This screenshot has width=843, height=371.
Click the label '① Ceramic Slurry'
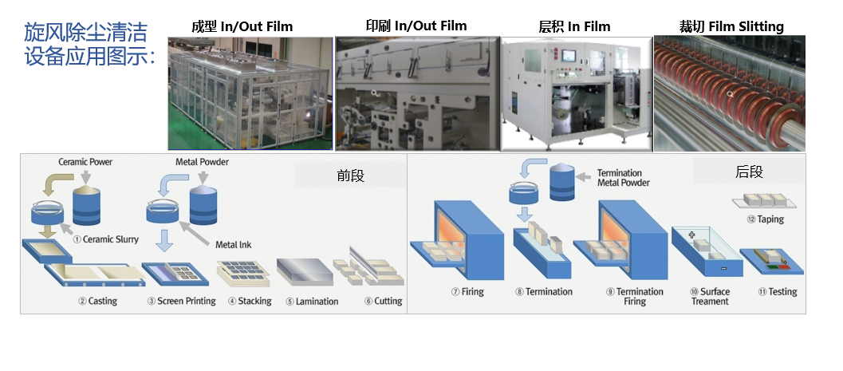pos(104,239)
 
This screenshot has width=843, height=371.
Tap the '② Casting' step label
pos(98,301)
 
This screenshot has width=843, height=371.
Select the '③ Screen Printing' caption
pos(181,301)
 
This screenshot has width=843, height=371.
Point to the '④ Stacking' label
pos(250,301)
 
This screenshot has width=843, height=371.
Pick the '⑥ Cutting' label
pos(384,301)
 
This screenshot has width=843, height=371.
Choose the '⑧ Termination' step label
pos(544,291)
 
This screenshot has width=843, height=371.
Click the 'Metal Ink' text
pos(234,244)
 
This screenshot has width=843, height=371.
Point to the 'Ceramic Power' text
pos(85,162)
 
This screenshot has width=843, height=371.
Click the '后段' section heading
pos(749,172)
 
